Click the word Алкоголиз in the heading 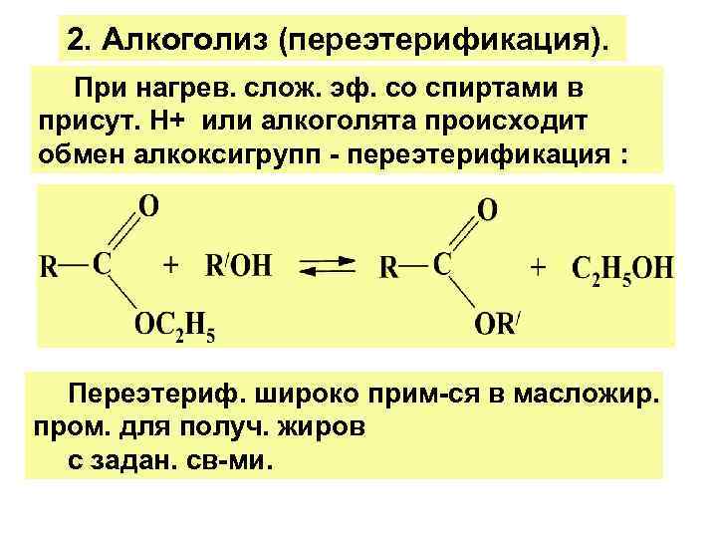click(183, 42)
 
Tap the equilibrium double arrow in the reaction click(327, 266)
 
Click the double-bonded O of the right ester click(489, 211)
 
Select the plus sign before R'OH click(171, 266)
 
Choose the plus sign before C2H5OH click(539, 267)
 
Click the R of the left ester click(49, 267)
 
